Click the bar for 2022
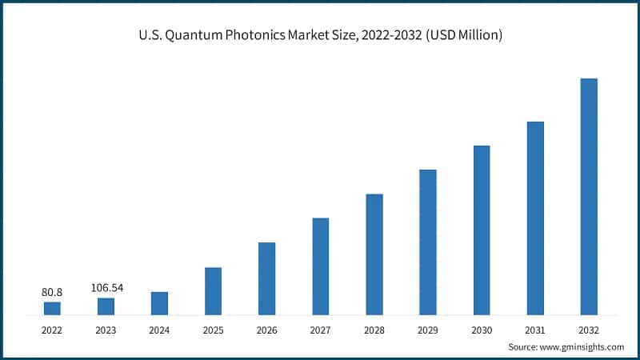(52, 308)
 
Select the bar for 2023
(106, 306)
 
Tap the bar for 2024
(159, 303)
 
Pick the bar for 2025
(213, 291)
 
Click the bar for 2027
(321, 266)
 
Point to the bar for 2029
(428, 242)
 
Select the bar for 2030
(482, 230)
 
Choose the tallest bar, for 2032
(589, 197)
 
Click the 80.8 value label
(52, 293)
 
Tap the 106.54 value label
(106, 288)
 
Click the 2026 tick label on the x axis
(266, 328)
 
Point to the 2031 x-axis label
(535, 328)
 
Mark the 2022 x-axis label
(52, 328)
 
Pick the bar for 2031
(535, 218)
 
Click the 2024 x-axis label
(159, 328)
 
